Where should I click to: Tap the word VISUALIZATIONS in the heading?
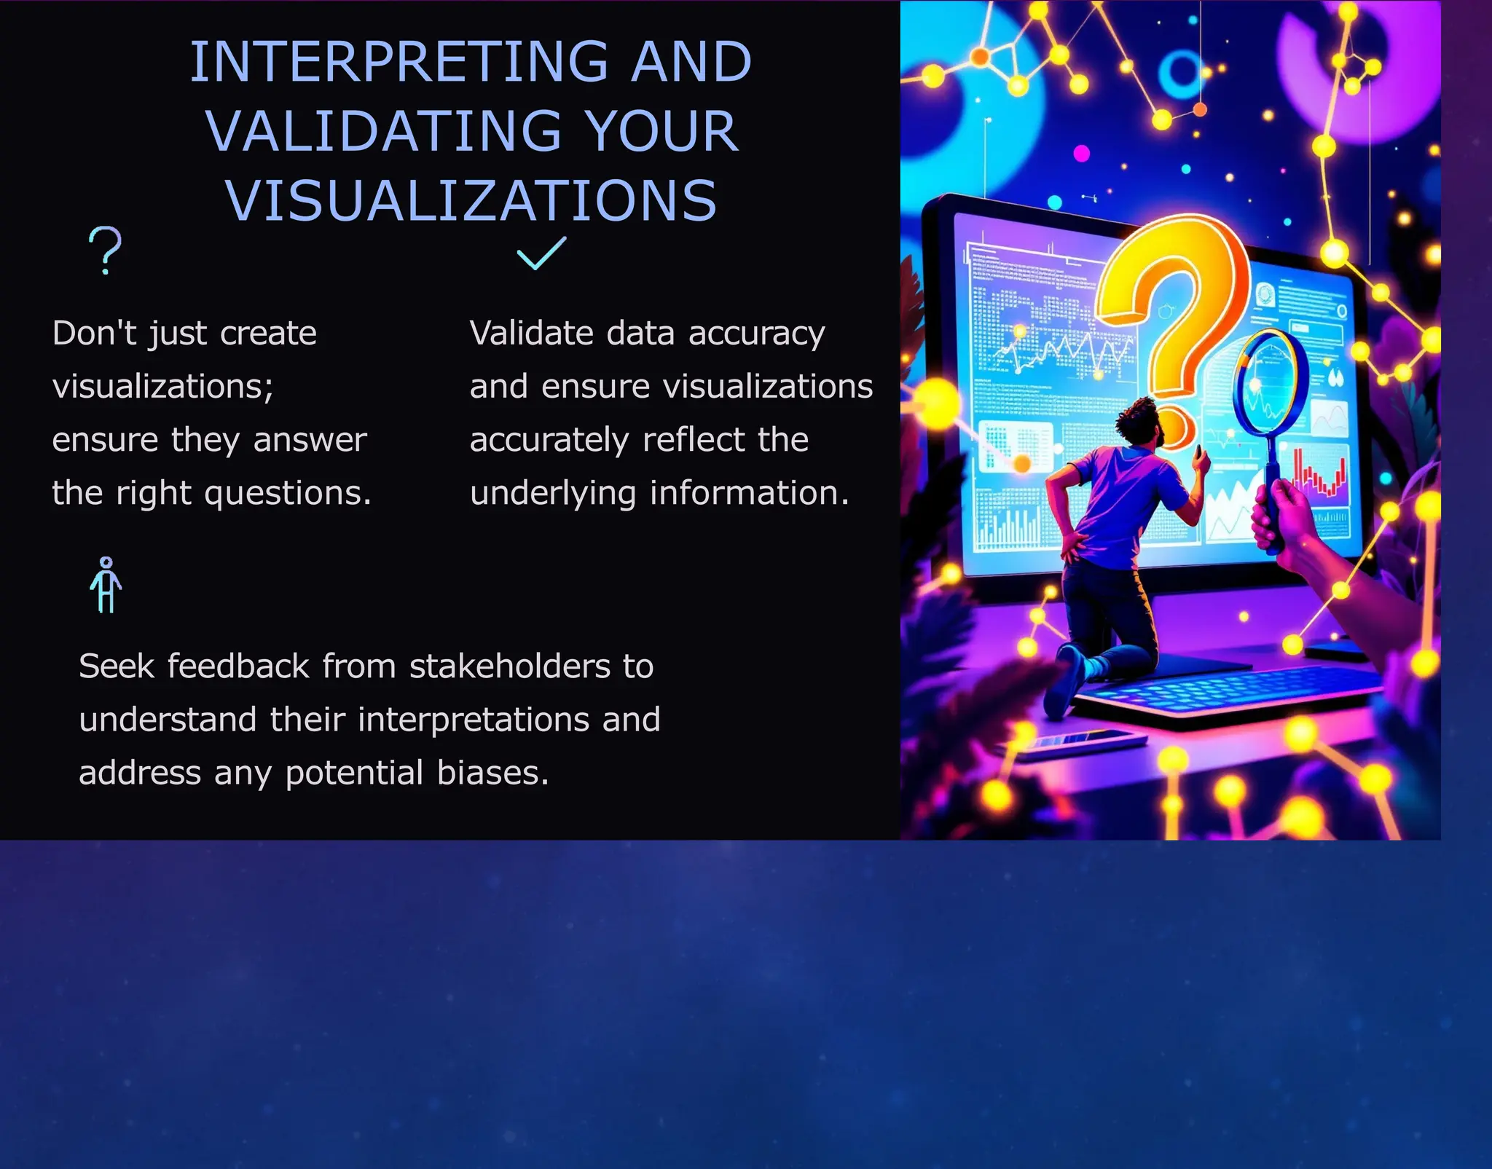(x=471, y=201)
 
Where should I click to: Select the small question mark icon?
(x=106, y=250)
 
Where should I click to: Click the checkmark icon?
(x=541, y=253)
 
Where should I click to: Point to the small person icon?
(x=106, y=585)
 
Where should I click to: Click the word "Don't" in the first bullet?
(x=94, y=334)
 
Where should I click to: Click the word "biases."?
(x=492, y=773)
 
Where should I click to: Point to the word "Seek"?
(x=117, y=666)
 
